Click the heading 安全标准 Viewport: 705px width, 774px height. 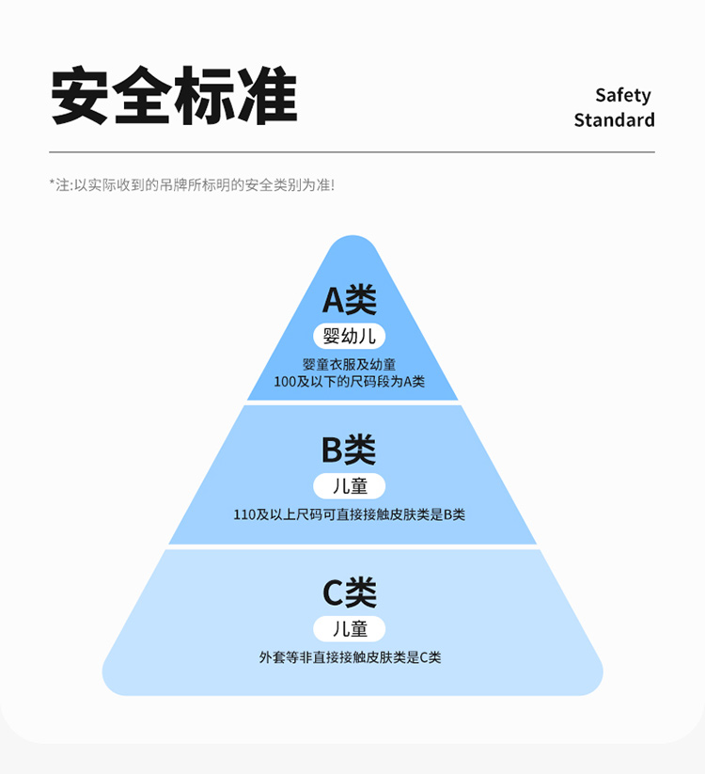click(x=174, y=96)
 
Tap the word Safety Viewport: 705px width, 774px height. click(x=622, y=95)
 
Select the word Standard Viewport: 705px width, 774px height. click(x=614, y=120)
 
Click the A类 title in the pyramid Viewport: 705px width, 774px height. click(x=350, y=300)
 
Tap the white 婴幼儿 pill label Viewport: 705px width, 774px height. click(x=350, y=336)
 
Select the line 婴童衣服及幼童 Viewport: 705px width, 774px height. click(x=350, y=364)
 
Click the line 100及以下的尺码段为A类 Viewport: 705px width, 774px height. click(x=350, y=382)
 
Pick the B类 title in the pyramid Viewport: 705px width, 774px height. click(x=349, y=450)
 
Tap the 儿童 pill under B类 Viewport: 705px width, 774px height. click(x=350, y=486)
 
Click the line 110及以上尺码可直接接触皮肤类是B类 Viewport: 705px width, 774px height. click(x=350, y=514)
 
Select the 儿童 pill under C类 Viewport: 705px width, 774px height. click(x=350, y=629)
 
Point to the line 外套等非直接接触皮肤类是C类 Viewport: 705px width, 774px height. click(x=350, y=657)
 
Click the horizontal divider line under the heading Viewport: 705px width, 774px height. click(x=352, y=152)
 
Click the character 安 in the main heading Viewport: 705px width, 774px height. click(x=81, y=96)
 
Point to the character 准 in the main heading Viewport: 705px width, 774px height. click(x=266, y=96)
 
